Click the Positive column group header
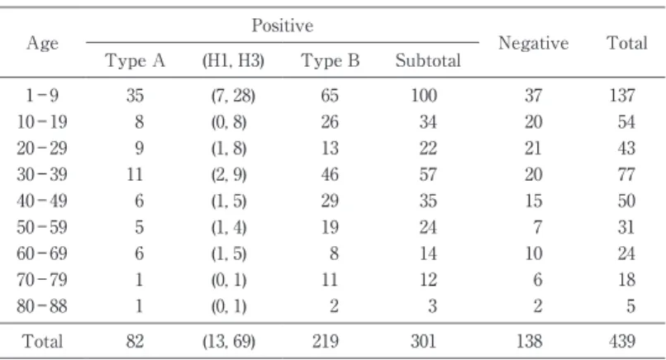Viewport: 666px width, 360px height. click(283, 26)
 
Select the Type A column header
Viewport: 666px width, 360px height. click(135, 61)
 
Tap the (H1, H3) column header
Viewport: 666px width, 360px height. click(233, 61)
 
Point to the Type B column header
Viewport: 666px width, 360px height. click(331, 61)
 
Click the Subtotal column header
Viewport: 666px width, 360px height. click(428, 61)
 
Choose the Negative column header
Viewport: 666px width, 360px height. click(534, 43)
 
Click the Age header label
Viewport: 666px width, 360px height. click(42, 43)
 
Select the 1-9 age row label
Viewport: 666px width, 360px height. click(42, 95)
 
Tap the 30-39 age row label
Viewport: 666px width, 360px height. click(42, 174)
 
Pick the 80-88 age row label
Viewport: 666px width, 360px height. click(42, 306)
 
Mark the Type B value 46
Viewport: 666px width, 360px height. click(330, 174)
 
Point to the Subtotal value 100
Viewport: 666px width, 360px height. click(424, 95)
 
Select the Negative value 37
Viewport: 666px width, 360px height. click(534, 95)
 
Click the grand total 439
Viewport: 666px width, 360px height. click(622, 341)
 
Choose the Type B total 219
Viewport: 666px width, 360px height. click(326, 341)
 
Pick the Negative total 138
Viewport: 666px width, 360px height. click(529, 341)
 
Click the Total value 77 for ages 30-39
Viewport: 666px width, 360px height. click(626, 174)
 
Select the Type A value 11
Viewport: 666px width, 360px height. click(135, 174)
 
